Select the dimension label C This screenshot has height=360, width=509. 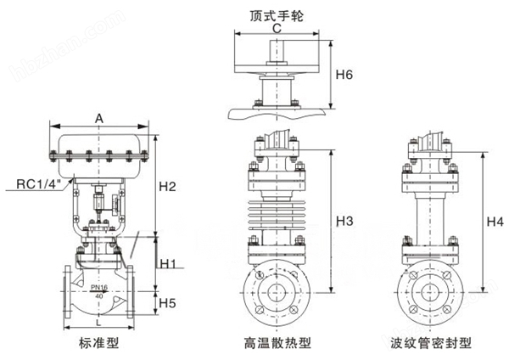277,28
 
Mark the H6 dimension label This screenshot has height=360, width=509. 344,76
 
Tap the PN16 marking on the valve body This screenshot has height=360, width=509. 99,288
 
